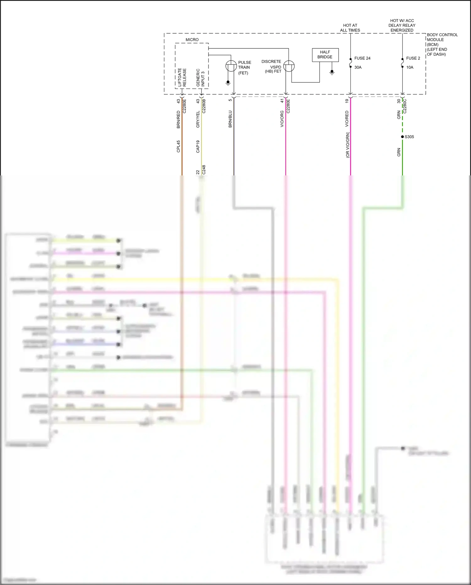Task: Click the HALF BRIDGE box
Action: click(x=325, y=55)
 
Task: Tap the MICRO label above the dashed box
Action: click(x=192, y=40)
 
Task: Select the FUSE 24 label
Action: click(x=362, y=58)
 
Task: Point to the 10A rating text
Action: click(x=409, y=67)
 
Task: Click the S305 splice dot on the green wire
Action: click(x=402, y=137)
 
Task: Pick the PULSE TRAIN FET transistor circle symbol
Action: click(x=231, y=66)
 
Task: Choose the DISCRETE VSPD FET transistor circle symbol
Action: click(x=289, y=66)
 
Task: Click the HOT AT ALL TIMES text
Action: click(x=350, y=28)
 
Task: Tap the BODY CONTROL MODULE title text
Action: click(x=442, y=37)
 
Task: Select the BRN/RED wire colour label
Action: click(x=178, y=119)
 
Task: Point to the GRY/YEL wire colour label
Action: click(x=198, y=119)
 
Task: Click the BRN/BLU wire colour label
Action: click(x=230, y=119)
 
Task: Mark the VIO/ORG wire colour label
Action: click(x=282, y=119)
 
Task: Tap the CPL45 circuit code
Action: click(x=178, y=146)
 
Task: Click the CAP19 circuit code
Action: click(x=198, y=146)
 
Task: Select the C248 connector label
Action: click(x=204, y=170)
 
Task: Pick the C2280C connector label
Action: click(x=405, y=106)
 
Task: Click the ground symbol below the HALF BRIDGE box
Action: click(x=332, y=73)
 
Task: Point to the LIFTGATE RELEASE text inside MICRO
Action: click(x=182, y=77)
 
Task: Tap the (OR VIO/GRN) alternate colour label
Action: click(x=347, y=145)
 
